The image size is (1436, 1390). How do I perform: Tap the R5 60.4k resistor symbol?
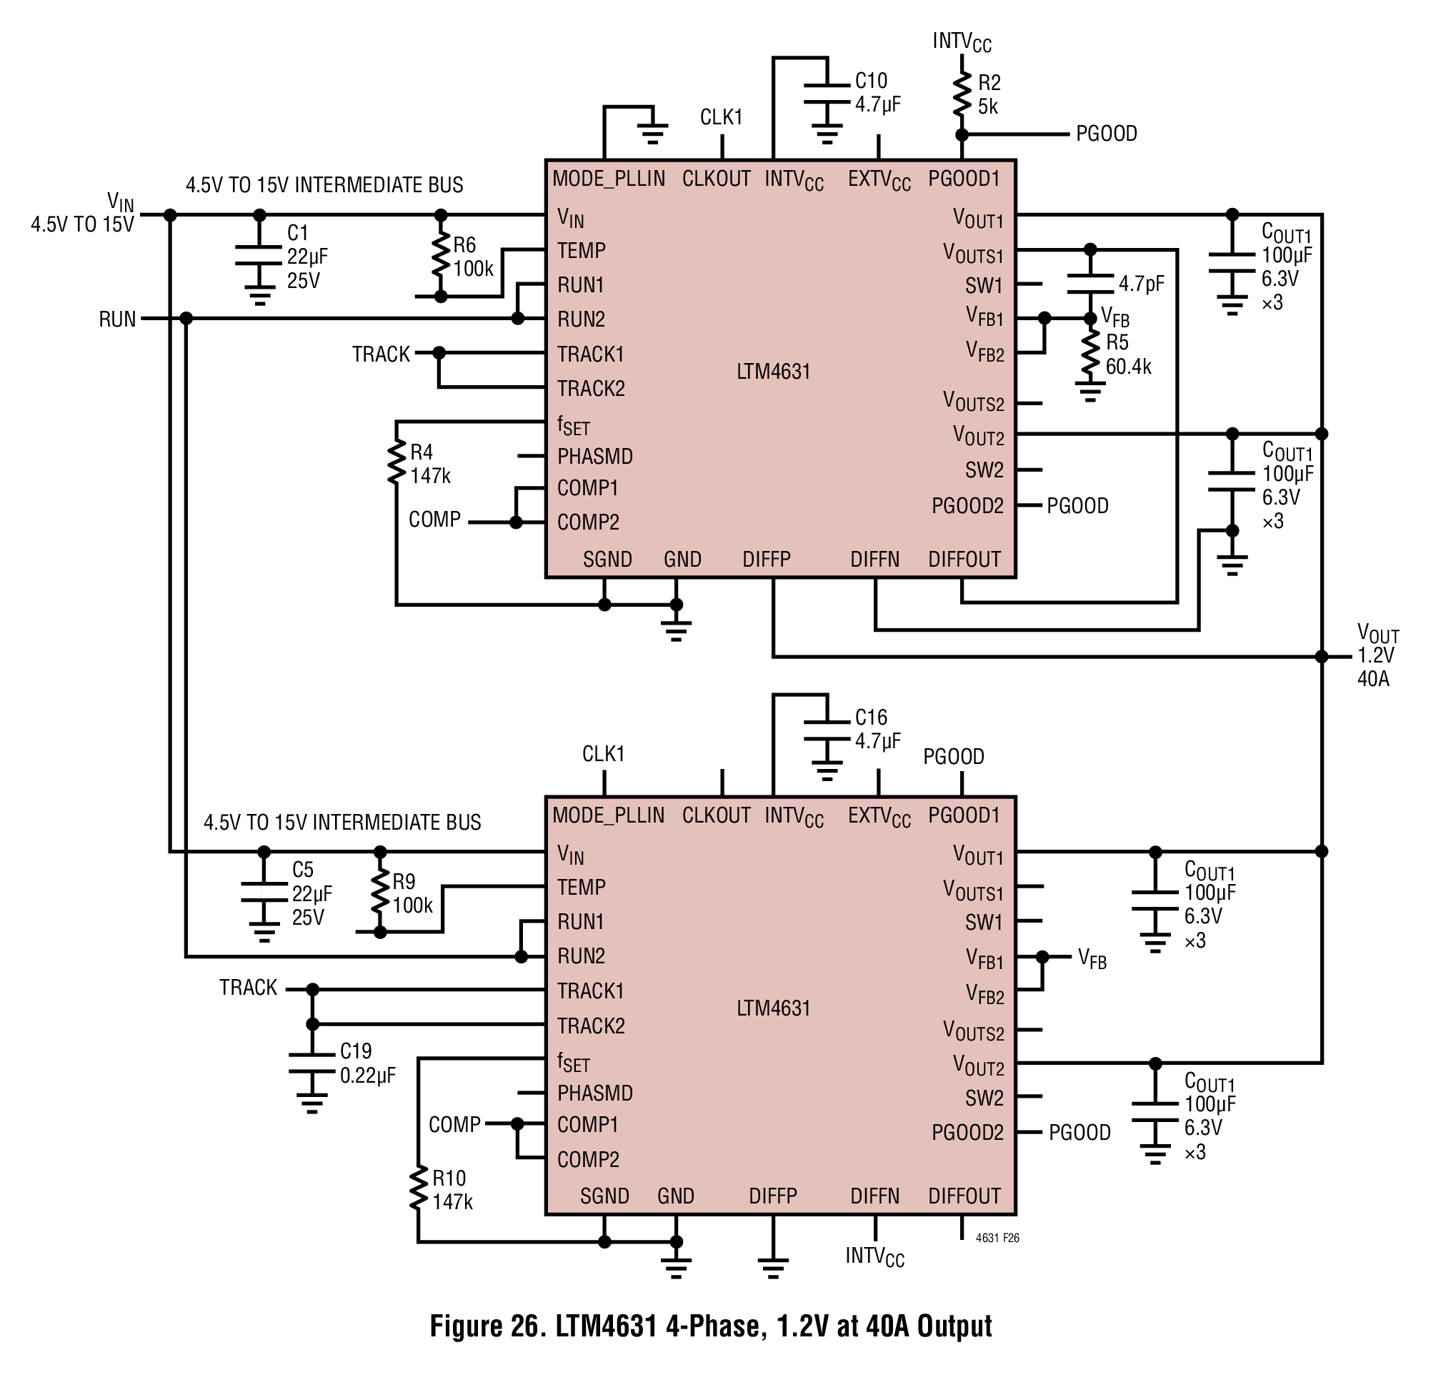click(1090, 354)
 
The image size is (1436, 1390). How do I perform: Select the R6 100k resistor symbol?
click(440, 254)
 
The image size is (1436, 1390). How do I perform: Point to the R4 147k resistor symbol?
click(397, 462)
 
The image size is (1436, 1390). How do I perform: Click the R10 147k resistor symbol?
click(419, 1188)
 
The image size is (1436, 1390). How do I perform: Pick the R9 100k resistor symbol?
click(380, 891)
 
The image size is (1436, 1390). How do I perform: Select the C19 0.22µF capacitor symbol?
click(312, 1064)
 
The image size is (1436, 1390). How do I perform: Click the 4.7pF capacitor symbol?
click(1090, 284)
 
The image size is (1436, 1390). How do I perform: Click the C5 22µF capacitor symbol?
click(264, 893)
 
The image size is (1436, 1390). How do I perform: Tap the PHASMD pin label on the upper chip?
click(595, 457)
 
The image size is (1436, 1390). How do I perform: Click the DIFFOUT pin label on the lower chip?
click(964, 1196)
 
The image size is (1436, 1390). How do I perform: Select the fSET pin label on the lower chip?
click(573, 1063)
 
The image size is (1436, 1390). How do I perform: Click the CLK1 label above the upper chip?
click(722, 117)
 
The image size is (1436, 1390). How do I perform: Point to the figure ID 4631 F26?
click(997, 1238)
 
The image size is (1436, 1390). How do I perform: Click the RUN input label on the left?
click(117, 319)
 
